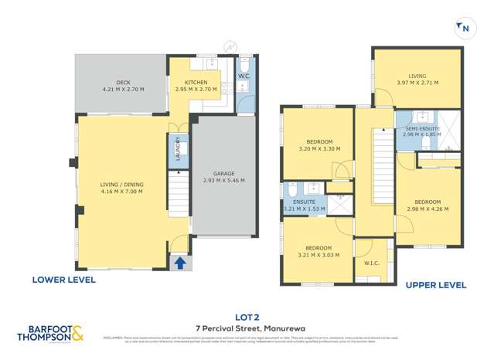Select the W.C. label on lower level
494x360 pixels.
point(243,76)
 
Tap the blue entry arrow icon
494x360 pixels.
point(179,263)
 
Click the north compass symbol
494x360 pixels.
point(464,29)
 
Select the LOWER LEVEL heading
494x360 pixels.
point(63,280)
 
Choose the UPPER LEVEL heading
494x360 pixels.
point(436,285)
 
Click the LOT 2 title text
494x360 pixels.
point(247,316)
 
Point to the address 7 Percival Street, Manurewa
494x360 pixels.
point(247,328)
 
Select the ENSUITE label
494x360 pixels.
point(303,205)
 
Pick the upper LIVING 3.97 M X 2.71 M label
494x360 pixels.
point(417,79)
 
